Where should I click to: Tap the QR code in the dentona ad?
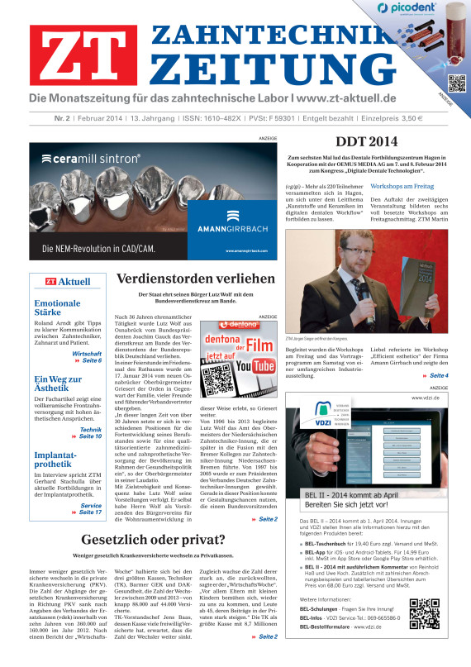tap(215, 359)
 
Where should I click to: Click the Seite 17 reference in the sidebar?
tap(89, 513)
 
